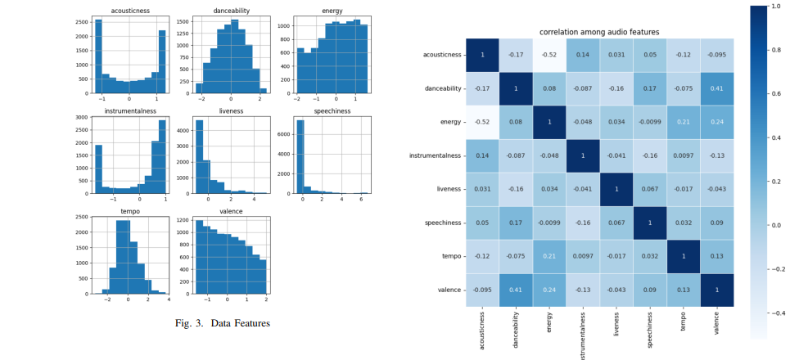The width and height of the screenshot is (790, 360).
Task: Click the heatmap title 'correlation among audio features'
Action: [598, 32]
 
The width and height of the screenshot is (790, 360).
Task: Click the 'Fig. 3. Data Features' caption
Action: [222, 323]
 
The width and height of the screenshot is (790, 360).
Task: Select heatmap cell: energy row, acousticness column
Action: [483, 122]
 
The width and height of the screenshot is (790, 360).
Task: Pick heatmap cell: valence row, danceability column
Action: [517, 290]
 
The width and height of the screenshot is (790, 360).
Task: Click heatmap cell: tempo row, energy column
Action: [550, 256]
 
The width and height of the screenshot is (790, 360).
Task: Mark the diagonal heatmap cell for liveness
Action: [617, 189]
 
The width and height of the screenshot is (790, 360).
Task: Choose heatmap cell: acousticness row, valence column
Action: [717, 55]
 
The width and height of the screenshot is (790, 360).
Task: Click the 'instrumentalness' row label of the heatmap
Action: [436, 155]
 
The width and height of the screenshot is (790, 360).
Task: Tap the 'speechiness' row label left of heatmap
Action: [442, 223]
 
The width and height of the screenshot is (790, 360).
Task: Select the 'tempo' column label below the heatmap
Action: [684, 323]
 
